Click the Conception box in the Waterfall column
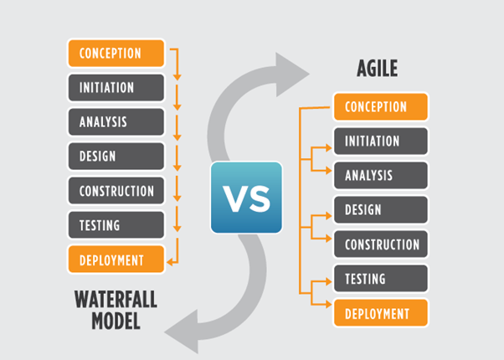click(x=116, y=54)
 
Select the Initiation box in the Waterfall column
click(x=116, y=88)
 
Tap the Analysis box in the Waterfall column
click(x=116, y=122)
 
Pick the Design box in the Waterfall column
click(x=116, y=157)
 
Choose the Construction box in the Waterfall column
click(x=116, y=191)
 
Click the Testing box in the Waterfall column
click(x=116, y=225)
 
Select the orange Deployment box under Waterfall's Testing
click(x=116, y=260)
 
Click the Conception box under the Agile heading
click(x=381, y=106)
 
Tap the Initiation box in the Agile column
click(x=381, y=141)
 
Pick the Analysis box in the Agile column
click(x=381, y=176)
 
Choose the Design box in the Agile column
click(x=381, y=210)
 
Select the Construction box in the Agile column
click(x=381, y=244)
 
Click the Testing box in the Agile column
click(x=381, y=279)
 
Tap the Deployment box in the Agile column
click(x=381, y=313)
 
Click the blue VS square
click(x=246, y=198)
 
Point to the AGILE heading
click(x=378, y=68)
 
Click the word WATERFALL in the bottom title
click(x=116, y=299)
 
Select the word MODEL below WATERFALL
click(x=116, y=321)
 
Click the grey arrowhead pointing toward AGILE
click(x=291, y=75)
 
